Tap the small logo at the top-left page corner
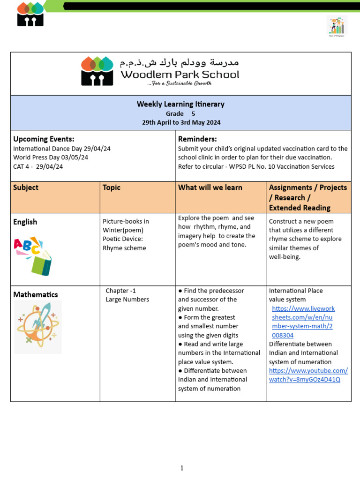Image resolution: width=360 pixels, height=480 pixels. pos(30,14)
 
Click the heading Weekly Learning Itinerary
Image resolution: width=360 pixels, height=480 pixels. pos(180,104)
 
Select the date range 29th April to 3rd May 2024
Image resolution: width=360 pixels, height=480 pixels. pos(181,122)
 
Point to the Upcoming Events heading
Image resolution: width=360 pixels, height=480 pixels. pos(44,139)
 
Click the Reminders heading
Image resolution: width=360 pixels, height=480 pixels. pos(197,139)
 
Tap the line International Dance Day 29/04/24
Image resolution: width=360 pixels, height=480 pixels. pos(62,149)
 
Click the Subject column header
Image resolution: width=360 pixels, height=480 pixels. pos(26,187)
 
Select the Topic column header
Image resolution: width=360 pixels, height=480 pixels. pos(112,187)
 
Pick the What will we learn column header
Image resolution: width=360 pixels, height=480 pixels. pos(210,187)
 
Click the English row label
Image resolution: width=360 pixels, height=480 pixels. pos(25,222)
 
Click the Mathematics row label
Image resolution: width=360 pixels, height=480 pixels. pos(36,294)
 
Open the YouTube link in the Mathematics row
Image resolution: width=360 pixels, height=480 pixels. pos(308,375)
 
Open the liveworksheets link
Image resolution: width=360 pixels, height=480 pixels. pos(303,322)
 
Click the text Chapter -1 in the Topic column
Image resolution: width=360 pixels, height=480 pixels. pos(120,291)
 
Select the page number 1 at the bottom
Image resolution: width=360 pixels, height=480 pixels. pos(182,468)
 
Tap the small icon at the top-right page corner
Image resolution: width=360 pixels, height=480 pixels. pos(337,26)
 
